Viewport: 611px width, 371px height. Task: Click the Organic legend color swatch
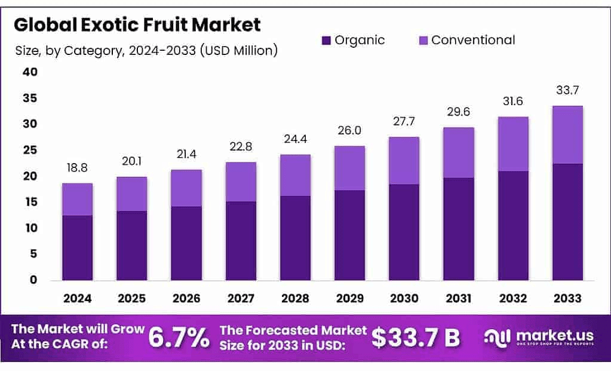[x=326, y=41]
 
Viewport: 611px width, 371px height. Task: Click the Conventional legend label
[x=472, y=40]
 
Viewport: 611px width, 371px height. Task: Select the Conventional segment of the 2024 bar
[x=78, y=200]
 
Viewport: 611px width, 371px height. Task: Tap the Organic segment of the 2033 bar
[x=567, y=222]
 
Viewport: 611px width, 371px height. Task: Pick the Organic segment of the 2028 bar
[x=295, y=238]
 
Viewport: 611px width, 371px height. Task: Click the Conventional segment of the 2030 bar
[x=404, y=161]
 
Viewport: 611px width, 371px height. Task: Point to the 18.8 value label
[x=77, y=170]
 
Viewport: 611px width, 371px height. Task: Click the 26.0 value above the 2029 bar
[x=349, y=131]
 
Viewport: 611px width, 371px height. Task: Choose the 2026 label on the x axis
[x=186, y=298]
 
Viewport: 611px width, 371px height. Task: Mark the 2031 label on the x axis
[x=458, y=298]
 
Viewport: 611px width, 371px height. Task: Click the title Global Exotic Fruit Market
[x=137, y=25]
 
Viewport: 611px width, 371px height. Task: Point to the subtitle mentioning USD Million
[x=146, y=51]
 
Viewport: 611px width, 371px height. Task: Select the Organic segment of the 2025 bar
[x=132, y=246]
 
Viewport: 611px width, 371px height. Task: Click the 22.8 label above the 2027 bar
[x=241, y=147]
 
